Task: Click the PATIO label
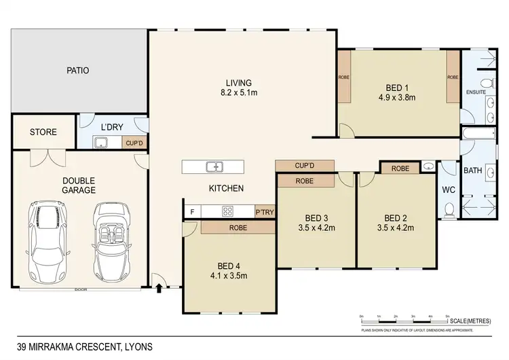[78, 70]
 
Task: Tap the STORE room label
[43, 132]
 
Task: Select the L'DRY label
[111, 128]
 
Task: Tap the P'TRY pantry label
[264, 211]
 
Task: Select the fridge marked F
[193, 211]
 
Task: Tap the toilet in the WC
[449, 211]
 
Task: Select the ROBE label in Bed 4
[237, 228]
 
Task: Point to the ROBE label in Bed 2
[400, 168]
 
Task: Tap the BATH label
[472, 172]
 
